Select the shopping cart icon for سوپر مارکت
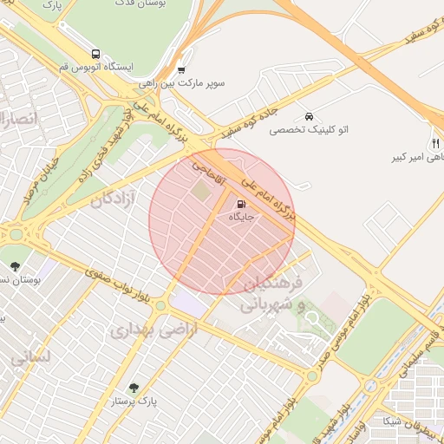180,70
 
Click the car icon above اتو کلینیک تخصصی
308,116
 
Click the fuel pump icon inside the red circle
239,204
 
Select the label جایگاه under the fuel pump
240,217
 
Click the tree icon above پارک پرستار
134,388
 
